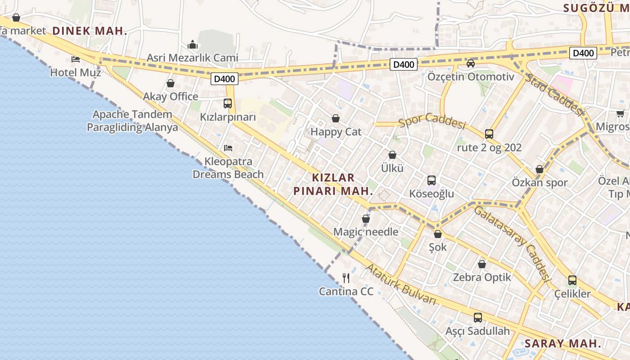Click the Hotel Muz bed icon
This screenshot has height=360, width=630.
tap(76, 59)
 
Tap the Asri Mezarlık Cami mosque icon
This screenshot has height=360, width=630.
tap(193, 45)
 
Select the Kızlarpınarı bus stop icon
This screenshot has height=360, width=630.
tap(228, 103)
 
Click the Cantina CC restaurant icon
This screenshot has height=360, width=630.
tap(346, 278)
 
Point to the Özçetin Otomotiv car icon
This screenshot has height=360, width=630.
tap(471, 63)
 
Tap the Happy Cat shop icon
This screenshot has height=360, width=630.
tap(335, 118)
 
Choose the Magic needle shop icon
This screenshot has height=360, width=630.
tap(366, 219)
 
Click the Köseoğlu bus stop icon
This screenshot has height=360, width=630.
tap(432, 180)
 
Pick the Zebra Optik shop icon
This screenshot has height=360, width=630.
tap(482, 264)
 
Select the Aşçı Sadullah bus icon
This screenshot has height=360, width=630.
tap(478, 318)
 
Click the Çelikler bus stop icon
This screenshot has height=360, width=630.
tap(572, 280)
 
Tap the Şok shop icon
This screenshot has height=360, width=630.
tap(437, 234)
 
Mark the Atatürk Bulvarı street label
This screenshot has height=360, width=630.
tap(400, 284)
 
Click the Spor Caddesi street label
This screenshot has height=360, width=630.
tap(432, 121)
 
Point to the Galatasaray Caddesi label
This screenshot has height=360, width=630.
tap(513, 243)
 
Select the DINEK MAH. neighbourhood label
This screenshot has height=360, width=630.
tap(90, 31)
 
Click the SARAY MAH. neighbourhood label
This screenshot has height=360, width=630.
tap(563, 343)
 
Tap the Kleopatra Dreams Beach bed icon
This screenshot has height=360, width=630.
tap(228, 148)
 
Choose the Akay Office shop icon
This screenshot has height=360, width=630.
tap(171, 83)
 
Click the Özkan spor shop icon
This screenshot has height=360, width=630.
tap(540, 169)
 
